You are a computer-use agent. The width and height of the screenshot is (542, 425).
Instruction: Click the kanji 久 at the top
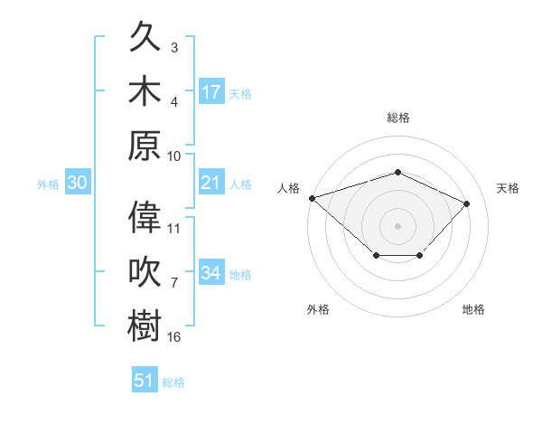point(145,36)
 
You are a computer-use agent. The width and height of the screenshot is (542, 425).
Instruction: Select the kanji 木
point(145,90)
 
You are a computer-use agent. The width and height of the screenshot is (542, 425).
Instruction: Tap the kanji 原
point(145,146)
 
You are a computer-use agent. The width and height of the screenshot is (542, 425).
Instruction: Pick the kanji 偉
point(145,217)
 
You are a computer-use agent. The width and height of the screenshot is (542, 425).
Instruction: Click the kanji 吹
point(145,271)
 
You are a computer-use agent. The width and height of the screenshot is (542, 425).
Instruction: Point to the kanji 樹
point(145,326)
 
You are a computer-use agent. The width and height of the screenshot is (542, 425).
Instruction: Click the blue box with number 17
point(211,91)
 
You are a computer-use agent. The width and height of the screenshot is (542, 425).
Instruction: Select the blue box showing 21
point(211,182)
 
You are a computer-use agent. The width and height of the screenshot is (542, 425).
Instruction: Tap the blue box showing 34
point(211,271)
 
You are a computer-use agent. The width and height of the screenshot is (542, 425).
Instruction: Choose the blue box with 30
point(78,182)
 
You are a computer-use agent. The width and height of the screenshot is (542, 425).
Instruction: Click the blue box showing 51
point(145,379)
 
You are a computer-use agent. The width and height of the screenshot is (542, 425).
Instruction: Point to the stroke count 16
point(173,336)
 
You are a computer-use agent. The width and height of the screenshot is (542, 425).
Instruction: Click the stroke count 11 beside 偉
point(173,229)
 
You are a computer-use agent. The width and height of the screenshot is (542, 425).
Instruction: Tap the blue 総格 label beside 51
point(173,382)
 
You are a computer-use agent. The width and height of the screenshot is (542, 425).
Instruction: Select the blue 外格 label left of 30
point(48,184)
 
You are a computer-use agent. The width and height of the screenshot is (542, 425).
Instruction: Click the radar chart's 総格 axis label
point(398,118)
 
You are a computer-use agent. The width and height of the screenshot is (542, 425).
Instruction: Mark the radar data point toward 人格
point(313,198)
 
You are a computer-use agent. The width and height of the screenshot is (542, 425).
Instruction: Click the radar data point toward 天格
point(466,203)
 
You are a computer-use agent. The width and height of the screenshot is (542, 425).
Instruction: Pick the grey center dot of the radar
point(397,226)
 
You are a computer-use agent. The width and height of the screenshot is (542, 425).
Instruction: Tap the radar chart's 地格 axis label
point(473,309)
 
